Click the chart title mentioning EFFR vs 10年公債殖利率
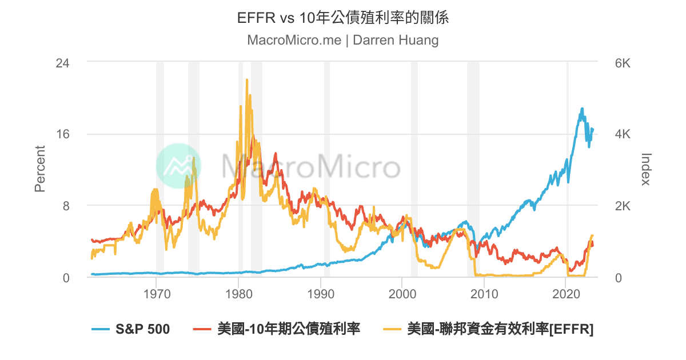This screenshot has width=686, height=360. (343, 18)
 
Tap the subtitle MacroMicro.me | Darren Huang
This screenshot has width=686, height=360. (343, 41)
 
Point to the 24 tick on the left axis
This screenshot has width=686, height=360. (62, 63)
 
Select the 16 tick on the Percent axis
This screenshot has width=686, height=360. (62, 134)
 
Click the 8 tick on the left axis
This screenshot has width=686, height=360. (65, 206)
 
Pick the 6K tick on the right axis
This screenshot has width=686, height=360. (622, 63)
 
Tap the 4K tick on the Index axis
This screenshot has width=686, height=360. (622, 134)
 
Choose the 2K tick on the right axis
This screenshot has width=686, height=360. (622, 206)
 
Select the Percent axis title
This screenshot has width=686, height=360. (40, 169)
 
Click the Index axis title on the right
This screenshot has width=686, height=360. (646, 169)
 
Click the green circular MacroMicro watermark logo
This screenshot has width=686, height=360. (179, 166)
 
